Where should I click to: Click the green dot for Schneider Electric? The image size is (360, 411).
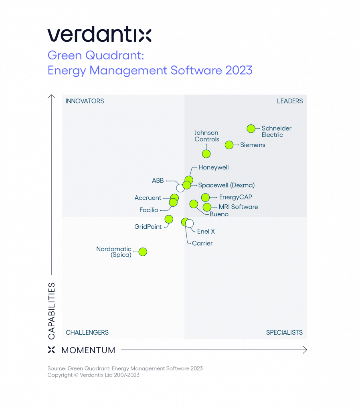point(251,129)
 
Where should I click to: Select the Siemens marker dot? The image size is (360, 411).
point(229,145)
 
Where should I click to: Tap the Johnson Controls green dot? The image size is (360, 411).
point(206,153)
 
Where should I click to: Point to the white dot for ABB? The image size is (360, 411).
point(180,188)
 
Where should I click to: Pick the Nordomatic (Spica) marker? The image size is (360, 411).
point(143,252)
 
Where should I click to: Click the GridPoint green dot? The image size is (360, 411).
point(169,219)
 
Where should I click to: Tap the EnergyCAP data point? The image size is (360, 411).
point(205,197)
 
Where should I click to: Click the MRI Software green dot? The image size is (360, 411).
point(207,207)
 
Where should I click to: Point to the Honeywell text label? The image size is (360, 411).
point(213,167)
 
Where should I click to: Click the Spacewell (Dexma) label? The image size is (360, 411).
point(226,185)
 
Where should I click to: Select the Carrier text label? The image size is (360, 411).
point(202,243)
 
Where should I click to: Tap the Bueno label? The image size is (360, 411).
point(219,214)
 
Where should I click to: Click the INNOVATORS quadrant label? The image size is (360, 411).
point(85,101)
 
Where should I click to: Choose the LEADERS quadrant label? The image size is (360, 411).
point(290,101)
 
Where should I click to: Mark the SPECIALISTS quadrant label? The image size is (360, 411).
point(284,332)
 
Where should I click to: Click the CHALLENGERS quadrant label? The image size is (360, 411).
point(87,332)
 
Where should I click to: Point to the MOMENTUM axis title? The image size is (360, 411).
point(88,350)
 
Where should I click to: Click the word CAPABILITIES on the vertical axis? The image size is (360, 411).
point(52,311)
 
